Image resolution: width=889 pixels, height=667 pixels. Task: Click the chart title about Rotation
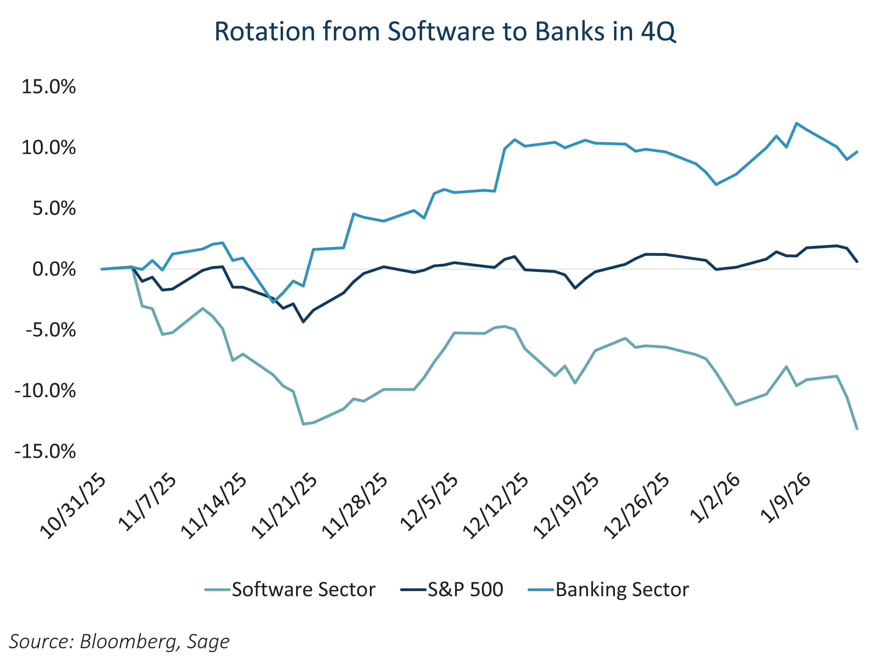tap(444, 31)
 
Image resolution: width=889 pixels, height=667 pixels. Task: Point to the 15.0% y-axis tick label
tap(48, 87)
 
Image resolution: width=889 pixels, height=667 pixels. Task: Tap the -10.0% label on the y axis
tap(45, 391)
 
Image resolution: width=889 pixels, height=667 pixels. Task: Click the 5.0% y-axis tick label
tap(54, 209)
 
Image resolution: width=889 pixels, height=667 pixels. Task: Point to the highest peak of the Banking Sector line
tap(797, 123)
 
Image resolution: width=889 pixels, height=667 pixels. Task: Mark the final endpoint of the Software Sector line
tap(857, 429)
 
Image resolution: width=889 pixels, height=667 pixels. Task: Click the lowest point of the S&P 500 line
tap(303, 322)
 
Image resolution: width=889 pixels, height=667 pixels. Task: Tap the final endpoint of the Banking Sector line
tap(857, 152)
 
